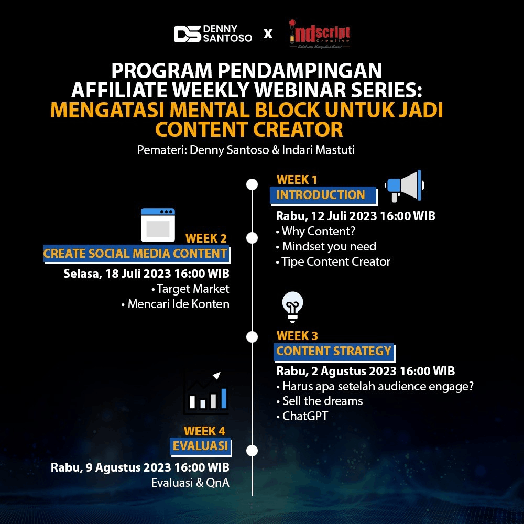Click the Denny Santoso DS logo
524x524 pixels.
click(x=213, y=34)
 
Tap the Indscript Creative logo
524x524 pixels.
click(x=320, y=34)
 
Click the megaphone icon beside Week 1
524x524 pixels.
click(x=405, y=186)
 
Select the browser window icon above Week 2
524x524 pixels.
click(x=158, y=225)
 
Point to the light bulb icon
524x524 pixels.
click(x=292, y=307)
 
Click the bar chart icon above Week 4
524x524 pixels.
click(x=206, y=393)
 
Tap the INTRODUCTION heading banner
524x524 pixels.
click(x=323, y=195)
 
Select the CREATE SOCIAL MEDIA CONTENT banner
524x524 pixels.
click(x=136, y=254)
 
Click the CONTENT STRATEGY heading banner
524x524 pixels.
click(x=334, y=352)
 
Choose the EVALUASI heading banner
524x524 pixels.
click(x=201, y=446)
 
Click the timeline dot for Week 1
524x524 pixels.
click(x=252, y=184)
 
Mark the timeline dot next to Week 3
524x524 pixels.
click(x=252, y=336)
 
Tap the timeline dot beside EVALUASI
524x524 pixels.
click(x=252, y=451)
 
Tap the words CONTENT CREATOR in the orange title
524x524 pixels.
click(x=249, y=129)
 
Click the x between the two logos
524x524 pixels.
click(x=268, y=34)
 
